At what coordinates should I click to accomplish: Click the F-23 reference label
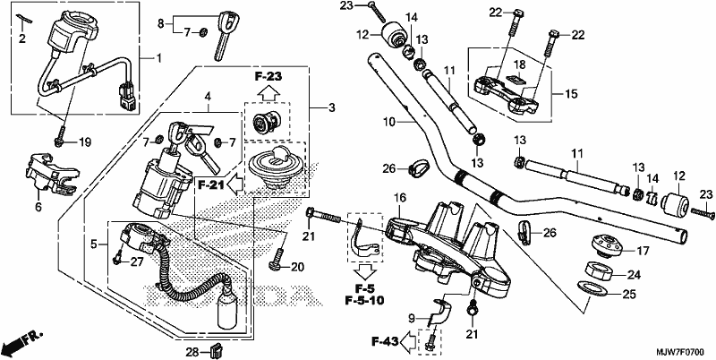pyautogui.click(x=268, y=77)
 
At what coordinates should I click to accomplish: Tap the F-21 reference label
pyautogui.click(x=210, y=185)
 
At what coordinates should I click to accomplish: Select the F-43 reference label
pyautogui.click(x=385, y=340)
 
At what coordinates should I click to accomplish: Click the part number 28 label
pyautogui.click(x=192, y=352)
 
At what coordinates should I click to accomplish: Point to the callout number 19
pyautogui.click(x=84, y=142)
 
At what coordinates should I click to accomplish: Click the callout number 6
pyautogui.click(x=38, y=208)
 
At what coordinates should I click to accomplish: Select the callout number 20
pyautogui.click(x=297, y=267)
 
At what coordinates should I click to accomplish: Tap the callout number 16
pyautogui.click(x=399, y=198)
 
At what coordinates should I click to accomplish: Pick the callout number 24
pyautogui.click(x=634, y=275)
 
